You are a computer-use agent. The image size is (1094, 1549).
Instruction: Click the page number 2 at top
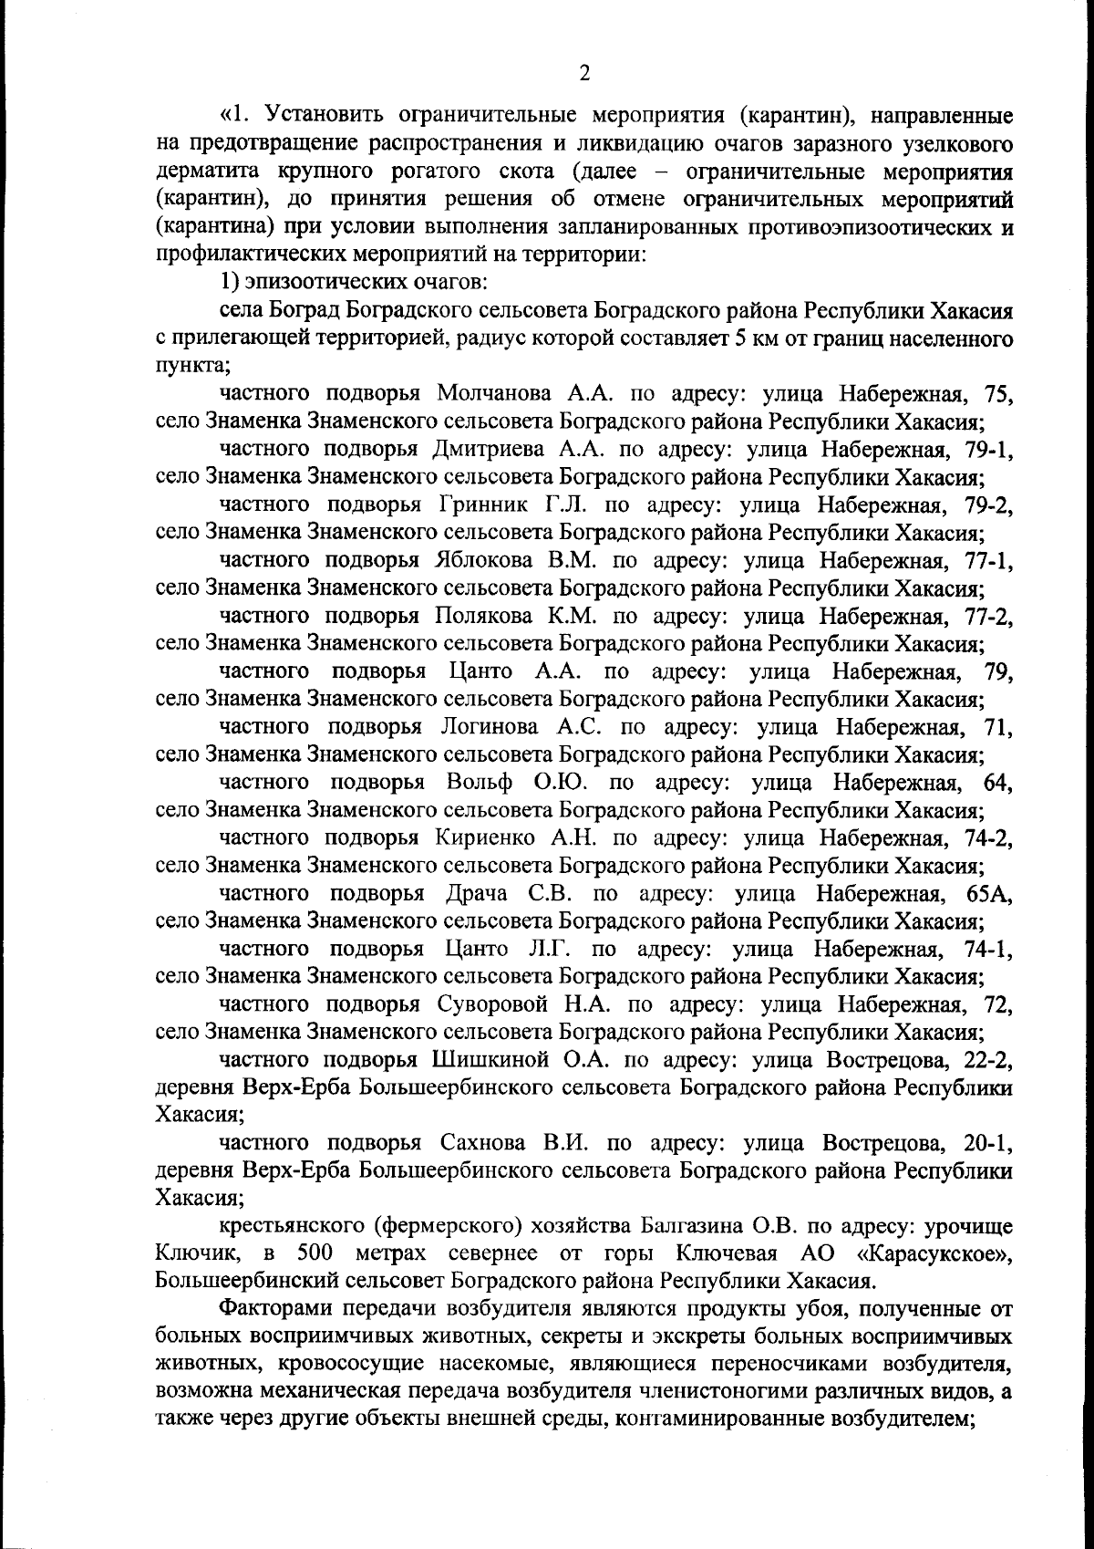tap(584, 74)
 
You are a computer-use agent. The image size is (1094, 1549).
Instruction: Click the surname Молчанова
tap(493, 394)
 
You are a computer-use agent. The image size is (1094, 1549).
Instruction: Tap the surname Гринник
tap(488, 505)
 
